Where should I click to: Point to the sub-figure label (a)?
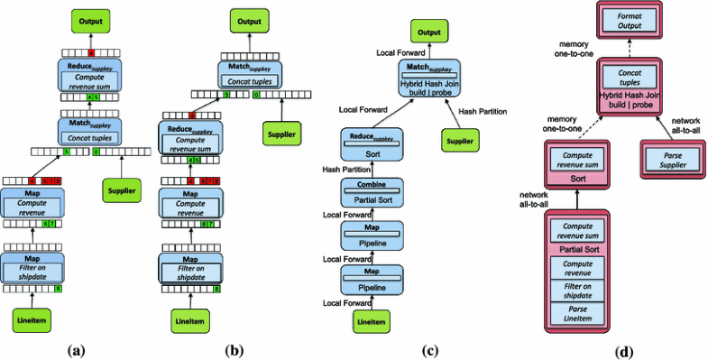[88, 348]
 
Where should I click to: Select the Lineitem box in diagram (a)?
[32, 320]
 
